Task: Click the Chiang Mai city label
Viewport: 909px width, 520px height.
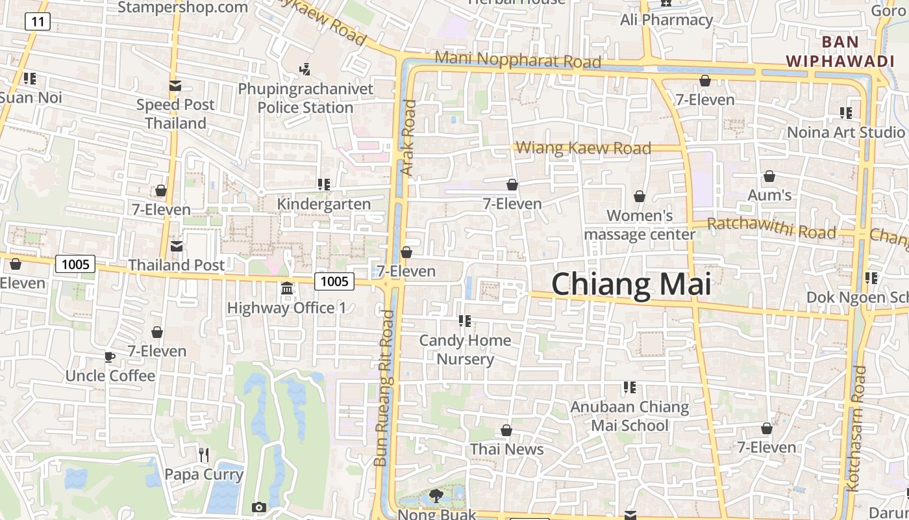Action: tap(631, 285)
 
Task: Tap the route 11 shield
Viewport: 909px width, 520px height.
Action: tap(38, 21)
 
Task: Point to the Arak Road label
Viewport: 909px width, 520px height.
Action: tap(408, 137)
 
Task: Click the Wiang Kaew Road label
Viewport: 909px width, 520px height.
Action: tap(583, 148)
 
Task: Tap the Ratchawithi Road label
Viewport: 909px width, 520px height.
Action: tap(771, 227)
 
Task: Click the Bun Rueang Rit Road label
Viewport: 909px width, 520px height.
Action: tap(384, 387)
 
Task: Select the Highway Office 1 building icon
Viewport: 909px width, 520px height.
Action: tap(287, 287)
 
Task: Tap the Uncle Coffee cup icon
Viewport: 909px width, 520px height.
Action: tap(110, 357)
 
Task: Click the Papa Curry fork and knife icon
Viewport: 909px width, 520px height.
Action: tap(204, 454)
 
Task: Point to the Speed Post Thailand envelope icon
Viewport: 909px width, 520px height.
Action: tap(175, 85)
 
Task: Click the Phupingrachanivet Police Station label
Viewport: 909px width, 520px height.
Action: tap(306, 97)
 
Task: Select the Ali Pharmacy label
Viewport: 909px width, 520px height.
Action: tap(666, 19)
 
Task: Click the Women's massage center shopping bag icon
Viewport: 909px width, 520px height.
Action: tap(640, 196)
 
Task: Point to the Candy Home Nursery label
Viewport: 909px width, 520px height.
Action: tap(465, 349)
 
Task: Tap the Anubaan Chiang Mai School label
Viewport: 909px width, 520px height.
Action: tap(629, 416)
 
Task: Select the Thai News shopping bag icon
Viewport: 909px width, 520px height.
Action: tap(506, 430)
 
